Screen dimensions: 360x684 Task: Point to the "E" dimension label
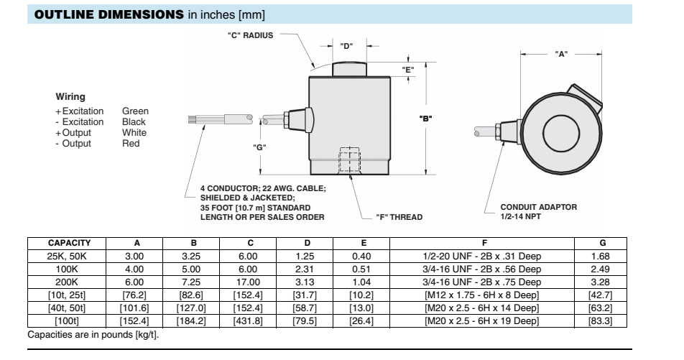(x=408, y=70)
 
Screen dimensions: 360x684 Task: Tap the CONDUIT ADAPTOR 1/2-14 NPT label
(x=538, y=211)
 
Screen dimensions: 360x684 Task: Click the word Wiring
(x=70, y=96)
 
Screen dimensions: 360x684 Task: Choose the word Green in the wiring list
(x=135, y=111)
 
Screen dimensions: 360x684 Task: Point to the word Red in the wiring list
(x=129, y=144)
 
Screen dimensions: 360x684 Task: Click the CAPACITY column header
(x=69, y=244)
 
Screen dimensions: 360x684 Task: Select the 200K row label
(x=69, y=282)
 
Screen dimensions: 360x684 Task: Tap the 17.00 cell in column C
(x=248, y=282)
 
